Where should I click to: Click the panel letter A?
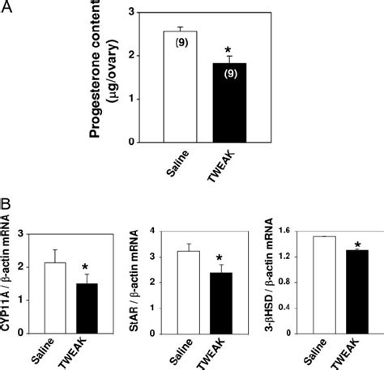(8, 9)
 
